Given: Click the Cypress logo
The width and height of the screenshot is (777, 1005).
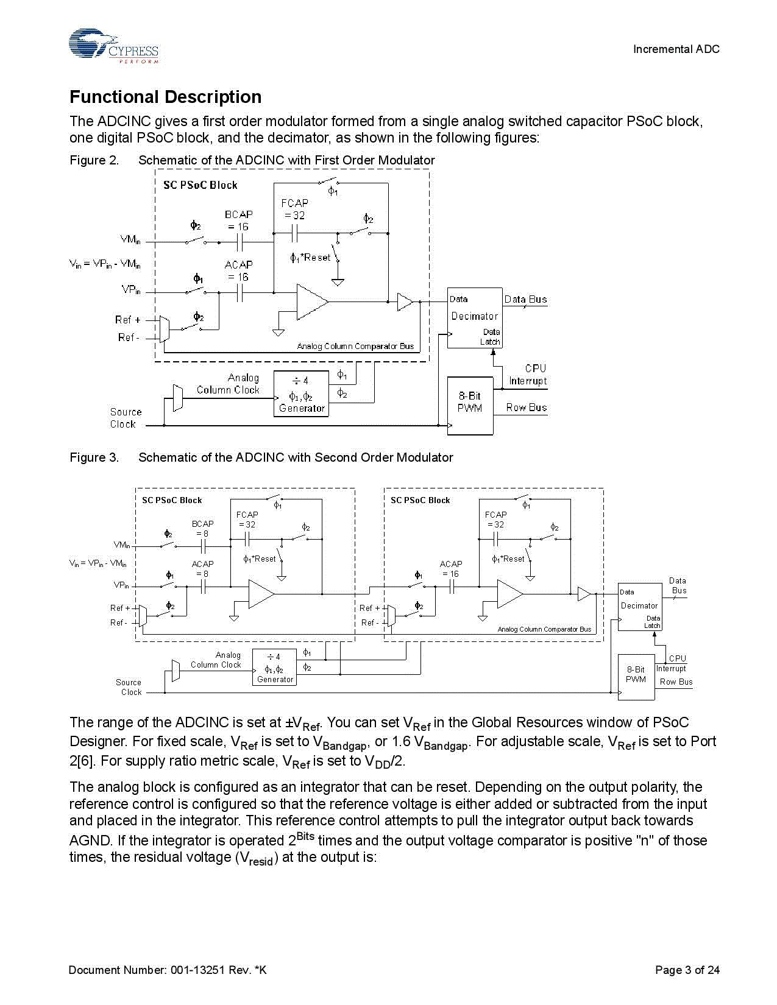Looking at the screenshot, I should point(113,46).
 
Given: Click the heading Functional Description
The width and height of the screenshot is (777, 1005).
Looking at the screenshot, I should point(165,97).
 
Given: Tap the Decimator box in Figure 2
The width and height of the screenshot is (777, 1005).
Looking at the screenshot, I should point(475,317).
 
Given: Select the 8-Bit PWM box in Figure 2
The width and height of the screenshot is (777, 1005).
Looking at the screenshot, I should point(470,406).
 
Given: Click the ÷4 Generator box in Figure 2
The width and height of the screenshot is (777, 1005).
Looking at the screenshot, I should point(301,393).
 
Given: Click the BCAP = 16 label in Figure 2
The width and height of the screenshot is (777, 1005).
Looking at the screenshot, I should point(239,220).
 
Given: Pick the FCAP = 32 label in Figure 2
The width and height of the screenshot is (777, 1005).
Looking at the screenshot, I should point(294,209).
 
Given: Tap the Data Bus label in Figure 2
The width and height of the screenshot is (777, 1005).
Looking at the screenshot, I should point(525,299).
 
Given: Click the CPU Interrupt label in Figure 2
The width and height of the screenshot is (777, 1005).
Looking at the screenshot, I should point(528,375).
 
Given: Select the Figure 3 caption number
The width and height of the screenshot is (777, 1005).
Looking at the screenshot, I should point(94,457).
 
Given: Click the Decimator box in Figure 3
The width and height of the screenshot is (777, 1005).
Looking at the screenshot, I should point(639,606).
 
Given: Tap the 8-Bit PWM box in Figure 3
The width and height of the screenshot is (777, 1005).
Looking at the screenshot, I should point(636,674).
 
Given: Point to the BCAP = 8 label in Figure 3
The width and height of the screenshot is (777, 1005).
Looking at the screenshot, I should point(202,528).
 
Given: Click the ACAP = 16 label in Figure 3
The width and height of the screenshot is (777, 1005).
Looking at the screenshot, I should point(451,569).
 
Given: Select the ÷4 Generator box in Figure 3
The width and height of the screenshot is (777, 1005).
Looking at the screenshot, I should point(275,668).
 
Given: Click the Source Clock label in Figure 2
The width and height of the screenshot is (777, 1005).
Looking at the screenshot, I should point(126,418).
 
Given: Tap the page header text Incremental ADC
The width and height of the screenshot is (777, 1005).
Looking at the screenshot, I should point(676,49).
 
